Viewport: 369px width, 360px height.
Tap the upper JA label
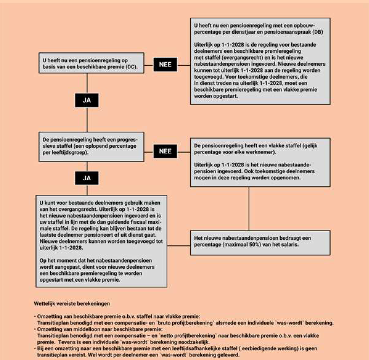pos(87,100)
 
